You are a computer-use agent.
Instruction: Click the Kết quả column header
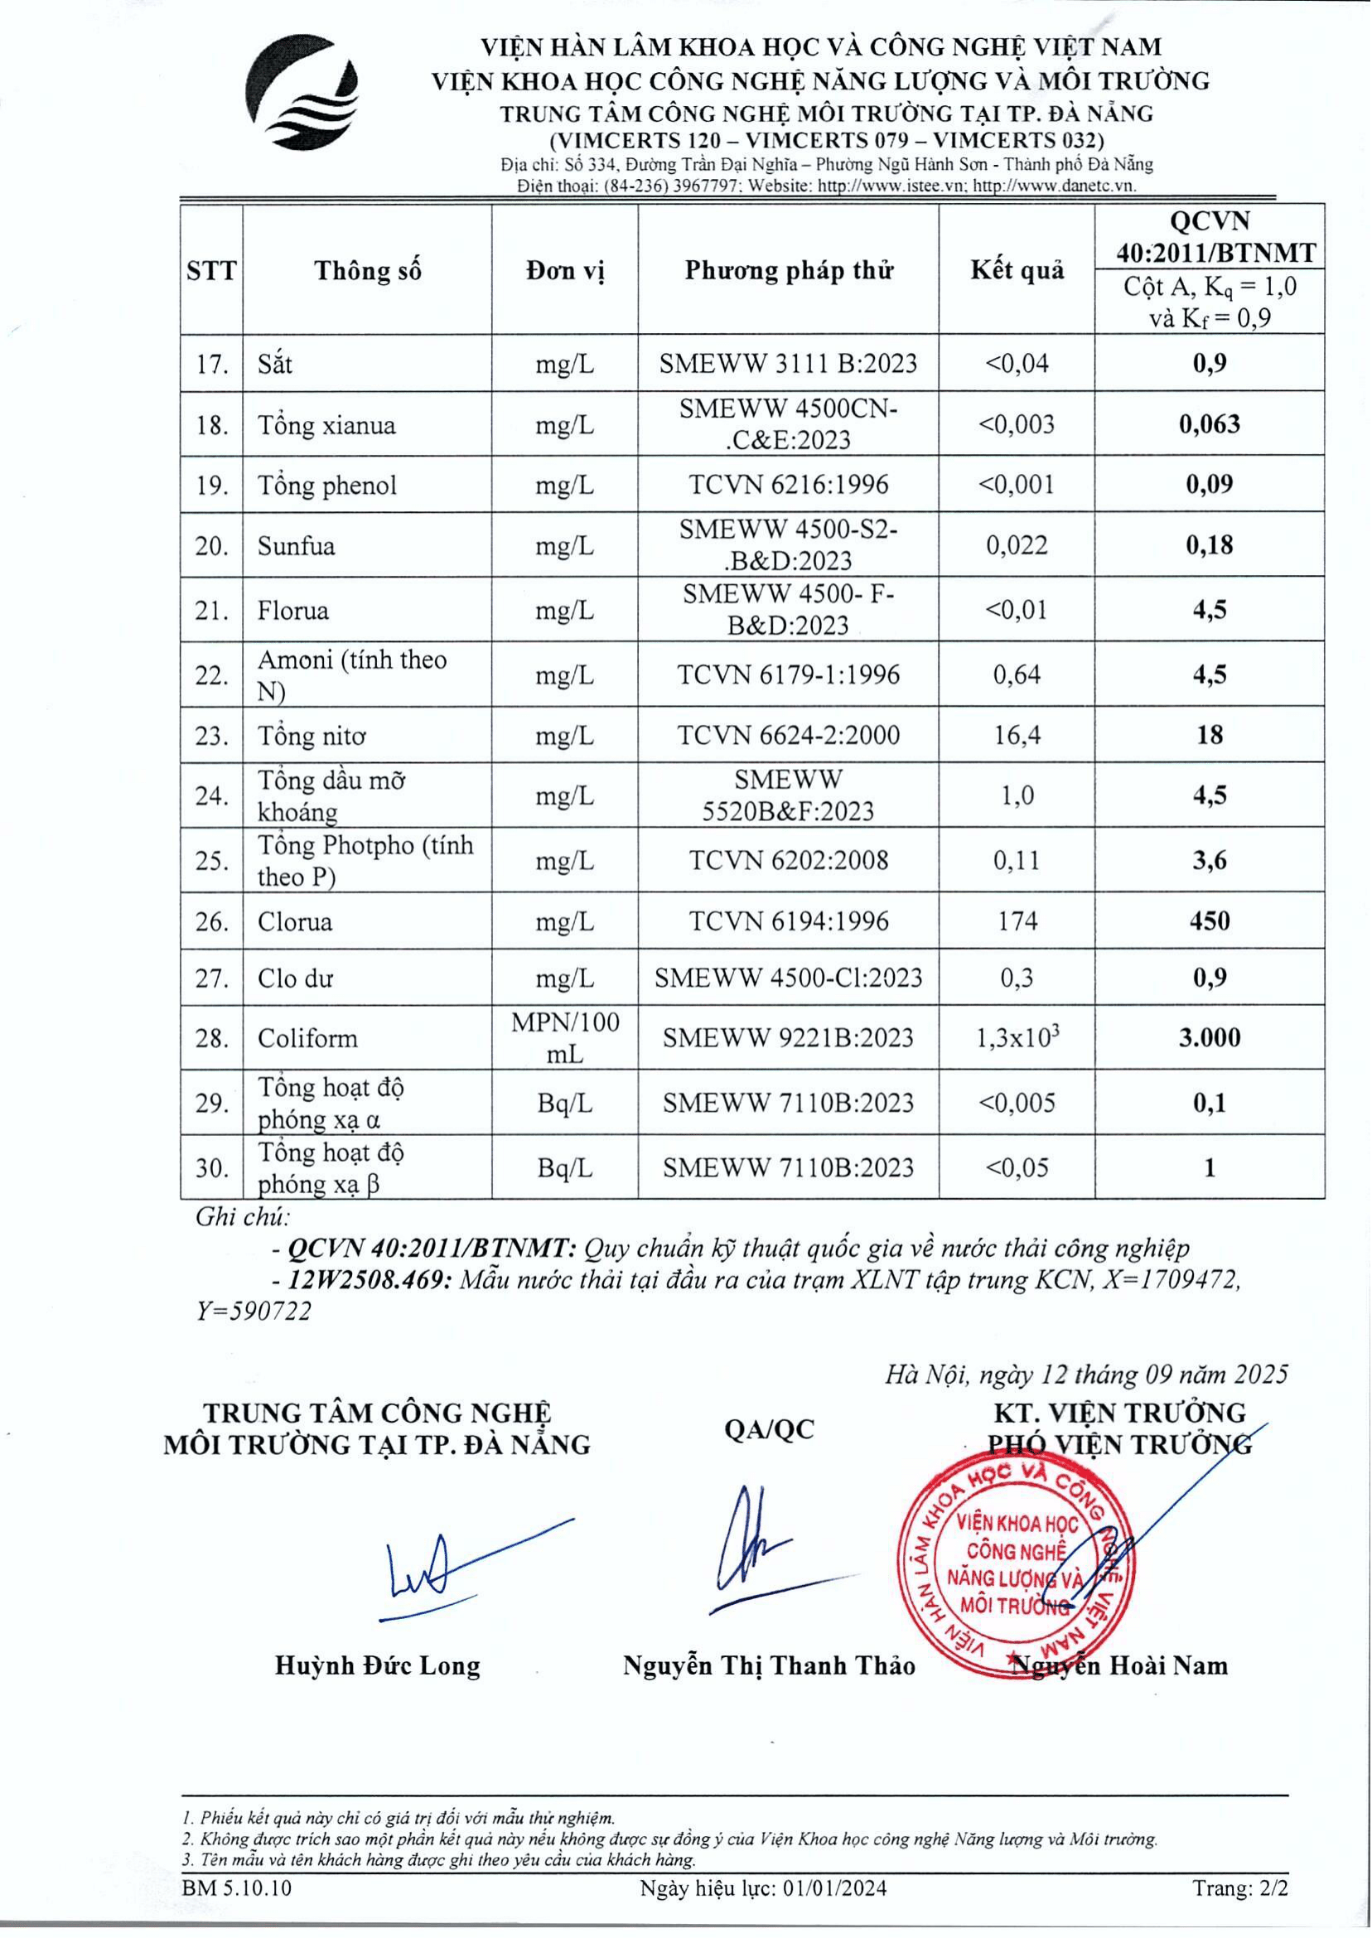click(1017, 270)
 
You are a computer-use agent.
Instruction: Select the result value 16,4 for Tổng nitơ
click(1017, 735)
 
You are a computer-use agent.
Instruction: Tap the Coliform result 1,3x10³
click(1017, 1037)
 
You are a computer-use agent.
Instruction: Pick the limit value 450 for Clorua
click(1209, 921)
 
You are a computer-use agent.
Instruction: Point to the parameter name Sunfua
click(297, 546)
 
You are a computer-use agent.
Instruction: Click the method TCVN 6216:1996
click(788, 484)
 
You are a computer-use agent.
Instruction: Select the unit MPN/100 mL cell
click(564, 1037)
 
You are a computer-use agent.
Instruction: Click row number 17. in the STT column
click(212, 364)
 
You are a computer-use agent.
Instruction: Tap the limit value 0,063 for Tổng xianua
click(1209, 424)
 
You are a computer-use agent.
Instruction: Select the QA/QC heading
click(769, 1429)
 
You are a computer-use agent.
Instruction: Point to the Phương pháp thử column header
click(788, 270)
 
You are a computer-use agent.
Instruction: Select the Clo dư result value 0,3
click(1017, 978)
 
